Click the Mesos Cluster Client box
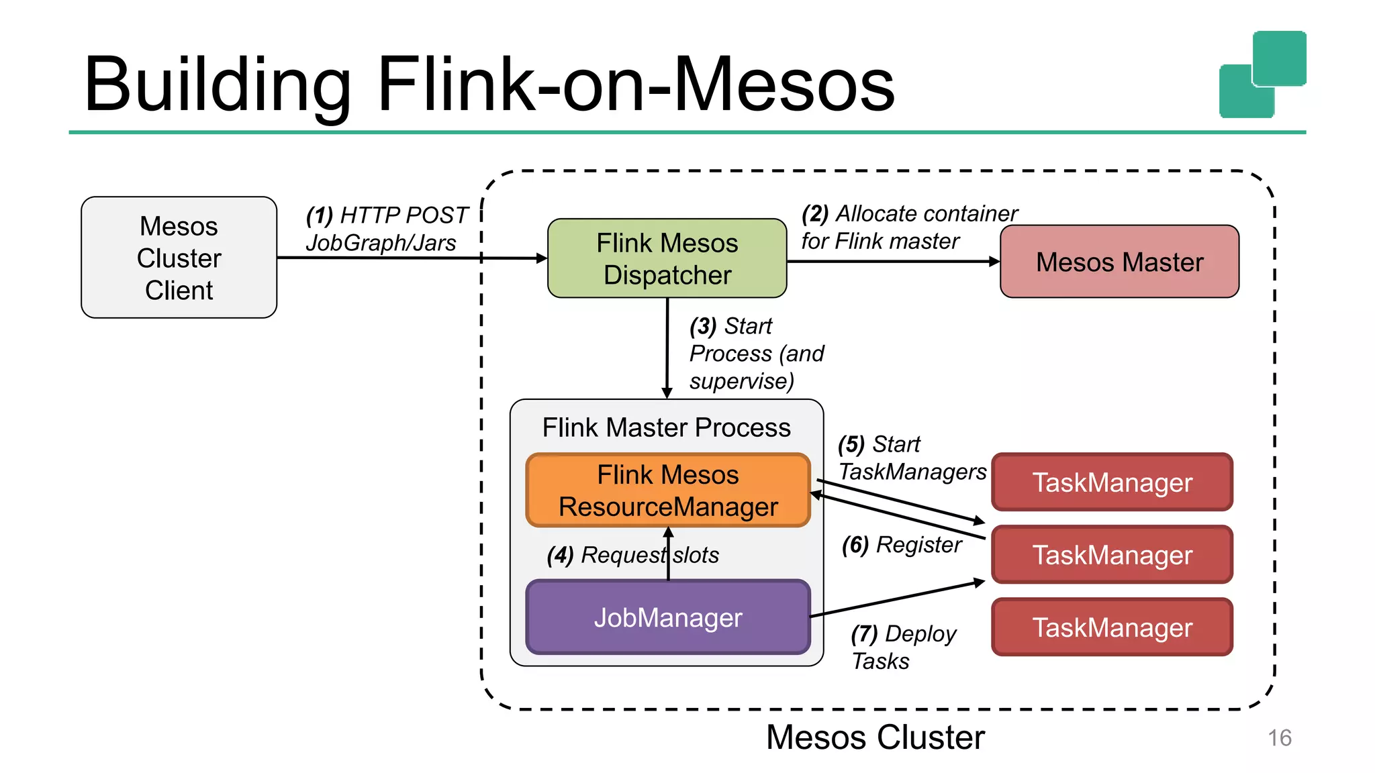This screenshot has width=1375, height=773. (x=179, y=258)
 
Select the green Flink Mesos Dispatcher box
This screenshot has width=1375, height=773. (x=667, y=258)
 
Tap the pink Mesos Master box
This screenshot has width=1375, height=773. (x=1119, y=262)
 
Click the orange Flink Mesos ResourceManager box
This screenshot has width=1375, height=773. (x=668, y=491)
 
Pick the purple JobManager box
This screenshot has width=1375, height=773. (x=668, y=617)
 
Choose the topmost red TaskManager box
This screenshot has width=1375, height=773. (x=1112, y=482)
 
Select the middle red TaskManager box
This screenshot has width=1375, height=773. (x=1112, y=555)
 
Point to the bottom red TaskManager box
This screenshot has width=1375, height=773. (x=1112, y=627)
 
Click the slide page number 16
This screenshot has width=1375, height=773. (x=1279, y=738)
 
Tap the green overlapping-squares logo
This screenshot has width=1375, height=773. (x=1262, y=74)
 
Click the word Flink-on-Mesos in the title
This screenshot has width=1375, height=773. (x=636, y=85)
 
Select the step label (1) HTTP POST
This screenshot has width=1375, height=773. (x=387, y=215)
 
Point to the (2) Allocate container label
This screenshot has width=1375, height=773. (x=909, y=214)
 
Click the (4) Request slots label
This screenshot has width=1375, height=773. (x=632, y=556)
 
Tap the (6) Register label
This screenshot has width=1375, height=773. (x=901, y=545)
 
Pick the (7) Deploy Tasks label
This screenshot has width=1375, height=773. (x=902, y=647)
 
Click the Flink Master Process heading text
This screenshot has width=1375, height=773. (x=666, y=427)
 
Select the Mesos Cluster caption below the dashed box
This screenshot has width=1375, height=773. (x=875, y=737)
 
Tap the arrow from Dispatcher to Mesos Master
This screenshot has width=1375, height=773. (x=893, y=261)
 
